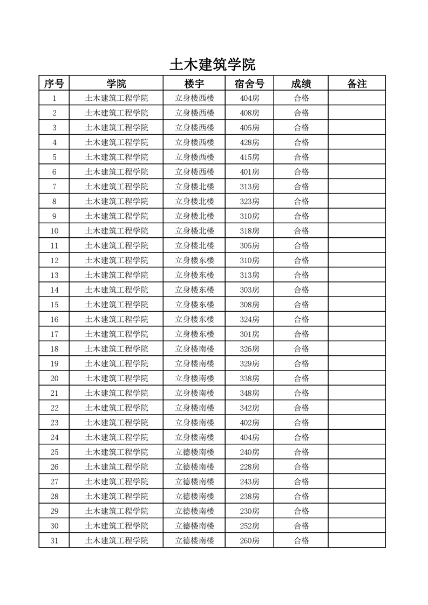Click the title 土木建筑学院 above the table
pyautogui.click(x=212, y=65)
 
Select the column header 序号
pyautogui.click(x=54, y=84)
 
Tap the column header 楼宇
pyautogui.click(x=194, y=84)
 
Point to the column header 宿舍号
pyautogui.click(x=249, y=84)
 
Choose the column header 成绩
pyautogui.click(x=301, y=84)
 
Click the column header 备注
pyautogui.click(x=357, y=84)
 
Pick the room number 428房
pyautogui.click(x=249, y=142)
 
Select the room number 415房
pyautogui.click(x=249, y=157)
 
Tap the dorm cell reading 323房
pyautogui.click(x=249, y=201)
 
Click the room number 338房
pyautogui.click(x=249, y=378)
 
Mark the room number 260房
pyautogui.click(x=249, y=540)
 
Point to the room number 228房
pyautogui.click(x=249, y=466)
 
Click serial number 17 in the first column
pyautogui.click(x=54, y=334)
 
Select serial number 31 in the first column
pyautogui.click(x=54, y=540)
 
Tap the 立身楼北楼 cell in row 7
pyautogui.click(x=194, y=187)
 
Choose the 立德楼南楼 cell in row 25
pyautogui.click(x=194, y=452)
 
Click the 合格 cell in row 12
pyautogui.click(x=301, y=260)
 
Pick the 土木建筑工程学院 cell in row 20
pyautogui.click(x=117, y=378)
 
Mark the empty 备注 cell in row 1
pyautogui.click(x=357, y=98)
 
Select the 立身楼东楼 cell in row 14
pyautogui.click(x=194, y=290)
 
